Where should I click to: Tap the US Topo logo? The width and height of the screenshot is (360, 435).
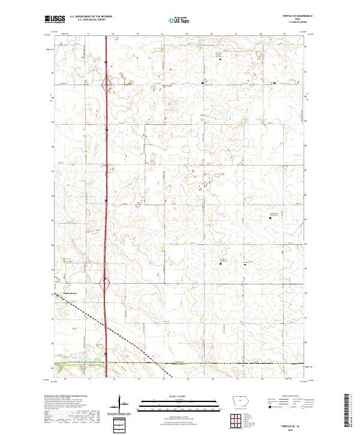coord(179,20)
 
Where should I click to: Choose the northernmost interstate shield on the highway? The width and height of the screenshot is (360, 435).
coord(106,61)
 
